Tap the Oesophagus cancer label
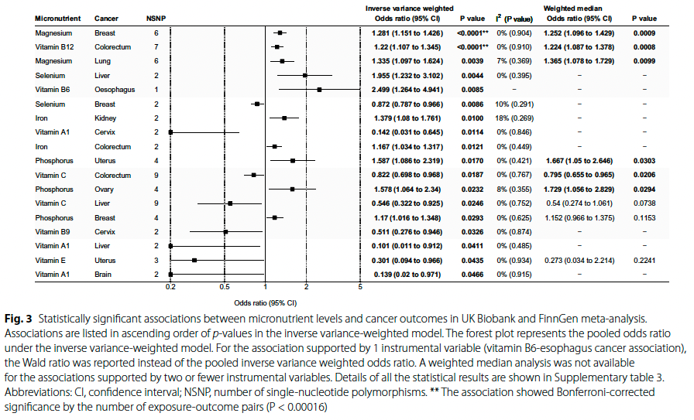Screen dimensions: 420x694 tap(112, 90)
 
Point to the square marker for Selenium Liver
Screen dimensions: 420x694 tap(305, 76)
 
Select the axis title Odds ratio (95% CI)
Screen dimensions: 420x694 tap(266, 302)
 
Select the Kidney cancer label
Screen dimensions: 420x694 tap(105, 118)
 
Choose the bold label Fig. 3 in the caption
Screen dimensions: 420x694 tap(18, 319)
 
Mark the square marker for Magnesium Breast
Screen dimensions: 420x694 tap(280, 34)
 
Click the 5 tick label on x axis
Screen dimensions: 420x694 tap(361, 286)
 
